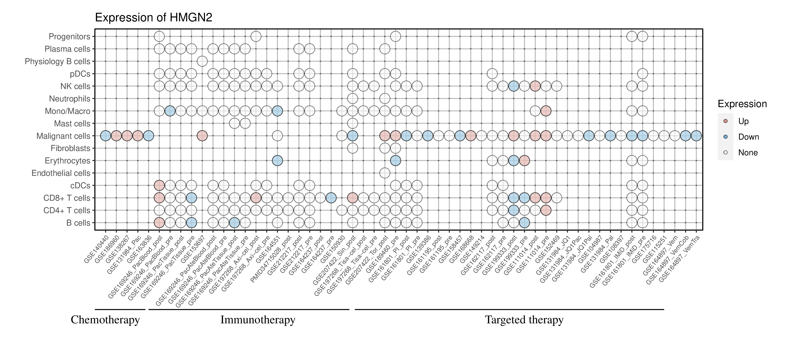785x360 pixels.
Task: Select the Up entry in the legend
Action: pyautogui.click(x=743, y=121)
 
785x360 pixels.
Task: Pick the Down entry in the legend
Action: pyautogui.click(x=748, y=137)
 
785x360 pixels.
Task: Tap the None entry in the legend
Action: pyautogui.click(x=747, y=153)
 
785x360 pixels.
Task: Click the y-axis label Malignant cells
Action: pyautogui.click(x=63, y=136)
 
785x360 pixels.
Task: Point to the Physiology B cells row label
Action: pyautogui.click(x=58, y=61)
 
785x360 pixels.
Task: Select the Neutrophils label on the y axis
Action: pyautogui.click(x=70, y=99)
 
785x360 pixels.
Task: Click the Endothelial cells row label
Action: pyautogui.click(x=61, y=173)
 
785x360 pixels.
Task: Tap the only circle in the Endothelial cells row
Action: pyautogui.click(x=385, y=173)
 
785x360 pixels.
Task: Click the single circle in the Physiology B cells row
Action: pyautogui.click(x=202, y=61)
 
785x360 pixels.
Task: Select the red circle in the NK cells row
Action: pyautogui.click(x=535, y=86)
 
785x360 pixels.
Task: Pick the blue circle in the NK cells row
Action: pyautogui.click(x=514, y=86)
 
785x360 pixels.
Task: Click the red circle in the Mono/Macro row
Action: pyautogui.click(x=546, y=111)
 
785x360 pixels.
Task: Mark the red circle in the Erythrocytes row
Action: pyautogui.click(x=524, y=161)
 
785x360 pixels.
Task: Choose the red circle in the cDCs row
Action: pyautogui.click(x=159, y=185)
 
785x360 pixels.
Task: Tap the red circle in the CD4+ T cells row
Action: pyautogui.click(x=546, y=210)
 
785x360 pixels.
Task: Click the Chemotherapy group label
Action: pyautogui.click(x=105, y=320)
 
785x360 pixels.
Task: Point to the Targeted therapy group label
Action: pyautogui.click(x=524, y=320)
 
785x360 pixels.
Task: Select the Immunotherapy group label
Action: pyautogui.click(x=258, y=320)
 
